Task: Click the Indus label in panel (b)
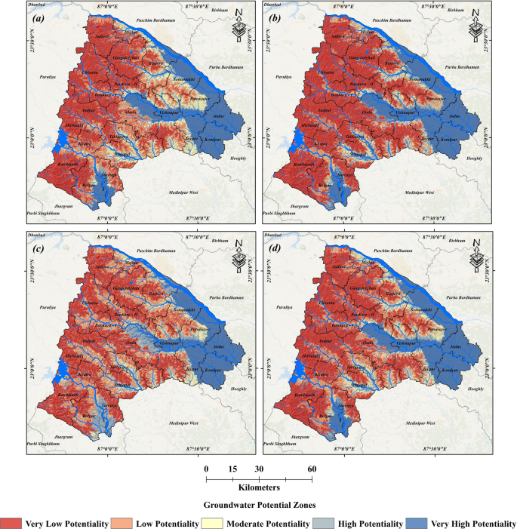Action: tap(454, 115)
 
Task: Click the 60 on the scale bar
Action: tap(312, 468)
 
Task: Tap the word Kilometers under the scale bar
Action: tap(258, 488)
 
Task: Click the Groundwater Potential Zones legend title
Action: tap(257, 505)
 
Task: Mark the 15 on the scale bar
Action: tap(232, 468)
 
